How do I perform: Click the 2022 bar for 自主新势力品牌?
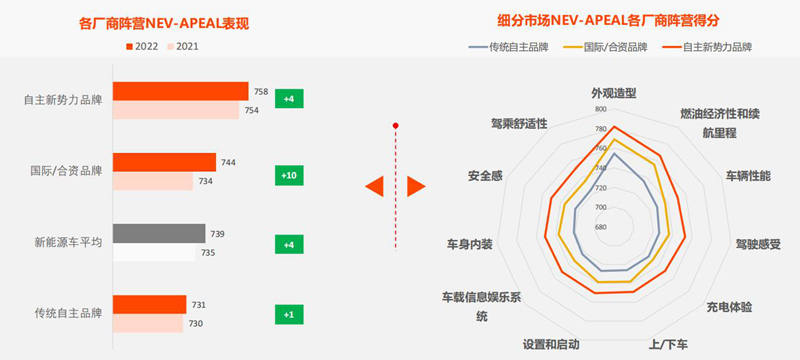(180, 91)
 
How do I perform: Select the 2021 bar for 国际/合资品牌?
(152, 181)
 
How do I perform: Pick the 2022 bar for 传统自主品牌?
(149, 305)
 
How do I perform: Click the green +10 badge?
(288, 175)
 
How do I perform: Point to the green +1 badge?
(288, 315)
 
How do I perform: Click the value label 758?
(261, 92)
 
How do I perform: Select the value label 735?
(208, 253)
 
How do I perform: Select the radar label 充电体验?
(729, 306)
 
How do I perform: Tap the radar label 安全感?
(484, 176)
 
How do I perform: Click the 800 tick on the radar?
(600, 109)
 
